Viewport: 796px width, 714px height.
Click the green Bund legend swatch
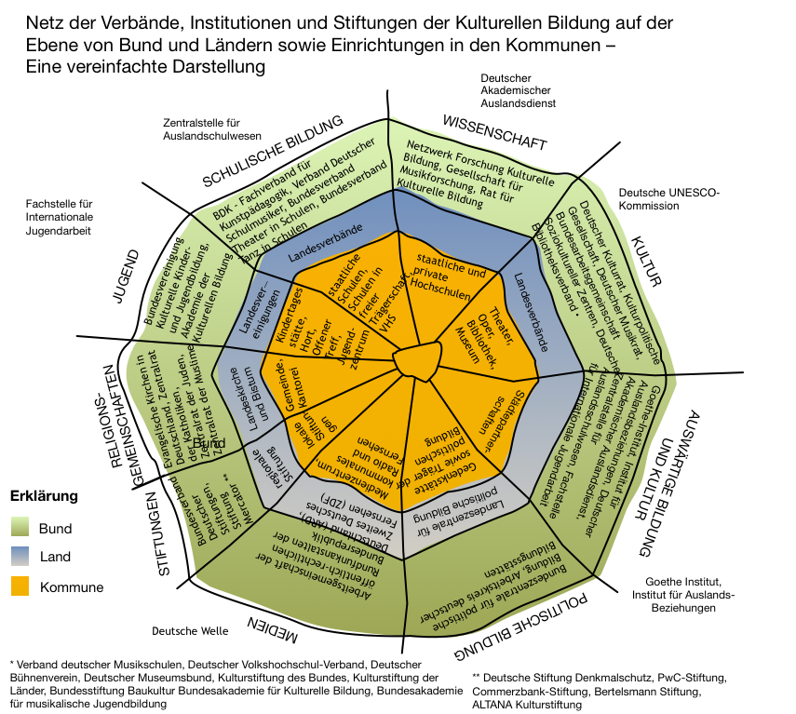tap(20, 529)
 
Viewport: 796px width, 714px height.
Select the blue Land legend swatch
tap(20, 558)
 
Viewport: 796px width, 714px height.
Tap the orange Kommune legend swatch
tap(20, 587)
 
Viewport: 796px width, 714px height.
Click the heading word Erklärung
tap(44, 496)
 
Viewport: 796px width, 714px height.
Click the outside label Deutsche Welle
tap(190, 631)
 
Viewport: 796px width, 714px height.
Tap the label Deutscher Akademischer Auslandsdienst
tap(518, 90)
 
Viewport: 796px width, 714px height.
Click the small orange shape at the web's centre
tap(415, 359)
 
